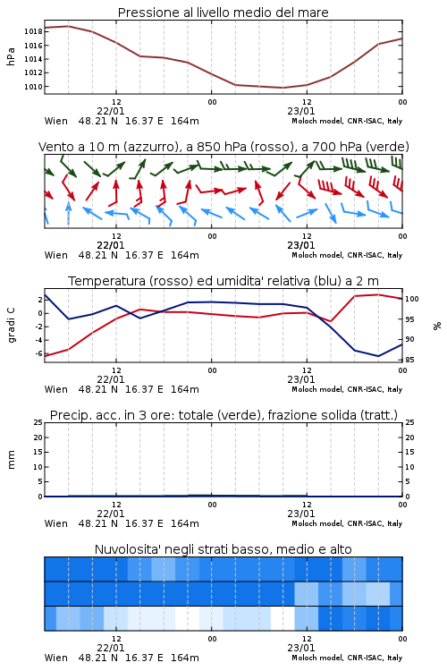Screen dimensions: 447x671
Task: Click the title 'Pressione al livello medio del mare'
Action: pyautogui.click(x=223, y=13)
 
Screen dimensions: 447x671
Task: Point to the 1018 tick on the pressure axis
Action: pyautogui.click(x=33, y=31)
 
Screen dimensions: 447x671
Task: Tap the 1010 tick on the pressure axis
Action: pyautogui.click(x=33, y=87)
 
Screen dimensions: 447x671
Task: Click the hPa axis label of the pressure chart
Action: pyautogui.click(x=11, y=56)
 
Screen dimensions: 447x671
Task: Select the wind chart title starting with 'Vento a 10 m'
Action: pyautogui.click(x=223, y=147)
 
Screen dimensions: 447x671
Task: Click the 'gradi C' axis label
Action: pyautogui.click(x=11, y=326)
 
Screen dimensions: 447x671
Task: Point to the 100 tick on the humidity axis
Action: pyautogui.click(x=412, y=299)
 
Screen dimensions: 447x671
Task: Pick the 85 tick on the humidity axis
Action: pyautogui.click(x=409, y=360)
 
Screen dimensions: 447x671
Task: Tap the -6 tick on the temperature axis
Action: pyautogui.click(x=38, y=353)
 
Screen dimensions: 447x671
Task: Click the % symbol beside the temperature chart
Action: pyautogui.click(x=437, y=326)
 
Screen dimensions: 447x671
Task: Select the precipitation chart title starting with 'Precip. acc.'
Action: pyautogui.click(x=223, y=415)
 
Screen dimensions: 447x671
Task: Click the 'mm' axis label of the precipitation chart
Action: pyautogui.click(x=11, y=460)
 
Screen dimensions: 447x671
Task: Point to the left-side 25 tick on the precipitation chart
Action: pyautogui.click(x=38, y=422)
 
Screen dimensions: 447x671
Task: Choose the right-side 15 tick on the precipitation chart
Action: pyautogui.click(x=409, y=452)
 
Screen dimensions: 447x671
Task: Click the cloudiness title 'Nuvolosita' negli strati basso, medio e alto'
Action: pyautogui.click(x=223, y=549)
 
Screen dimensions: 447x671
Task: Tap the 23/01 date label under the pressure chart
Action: pyautogui.click(x=300, y=111)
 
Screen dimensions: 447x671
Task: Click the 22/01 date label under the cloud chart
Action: pyautogui.click(x=110, y=648)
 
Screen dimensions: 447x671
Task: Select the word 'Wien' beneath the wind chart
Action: pyautogui.click(x=56, y=255)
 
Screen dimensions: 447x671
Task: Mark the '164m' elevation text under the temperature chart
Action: pyautogui.click(x=185, y=389)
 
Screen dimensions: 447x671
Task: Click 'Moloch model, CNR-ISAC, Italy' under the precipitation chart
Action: pyautogui.click(x=347, y=523)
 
